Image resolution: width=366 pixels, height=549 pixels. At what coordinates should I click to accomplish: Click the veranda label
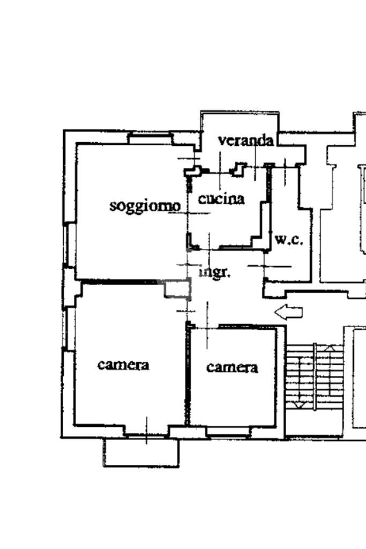click(x=246, y=140)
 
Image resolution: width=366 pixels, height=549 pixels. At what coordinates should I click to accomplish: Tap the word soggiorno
click(x=145, y=206)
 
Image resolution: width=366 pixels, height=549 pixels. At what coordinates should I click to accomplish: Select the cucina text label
click(x=221, y=199)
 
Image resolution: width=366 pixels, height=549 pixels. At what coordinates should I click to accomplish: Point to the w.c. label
click(x=289, y=240)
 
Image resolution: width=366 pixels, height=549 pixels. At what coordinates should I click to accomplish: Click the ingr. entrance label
click(x=215, y=272)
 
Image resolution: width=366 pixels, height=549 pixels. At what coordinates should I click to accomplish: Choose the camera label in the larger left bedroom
click(x=123, y=365)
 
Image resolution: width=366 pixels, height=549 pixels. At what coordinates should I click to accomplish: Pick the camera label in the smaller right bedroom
click(x=232, y=367)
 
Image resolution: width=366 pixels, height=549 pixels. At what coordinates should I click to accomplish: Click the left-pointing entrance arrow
click(x=288, y=312)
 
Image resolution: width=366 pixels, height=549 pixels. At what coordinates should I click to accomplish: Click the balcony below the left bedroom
click(x=141, y=453)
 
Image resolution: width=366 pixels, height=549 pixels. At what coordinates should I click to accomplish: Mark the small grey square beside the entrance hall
click(x=177, y=290)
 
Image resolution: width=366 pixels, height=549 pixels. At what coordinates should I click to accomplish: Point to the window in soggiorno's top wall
click(x=151, y=139)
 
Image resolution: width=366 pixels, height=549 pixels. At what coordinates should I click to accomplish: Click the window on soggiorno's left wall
click(x=68, y=244)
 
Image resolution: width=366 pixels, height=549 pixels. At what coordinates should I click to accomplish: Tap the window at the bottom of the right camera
click(x=228, y=432)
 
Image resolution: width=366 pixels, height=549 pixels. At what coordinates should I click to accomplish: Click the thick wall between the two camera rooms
click(x=188, y=375)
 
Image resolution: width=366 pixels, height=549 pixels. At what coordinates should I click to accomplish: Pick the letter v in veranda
click(x=222, y=141)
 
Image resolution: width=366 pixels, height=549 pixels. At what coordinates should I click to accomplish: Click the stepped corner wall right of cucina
click(x=262, y=225)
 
